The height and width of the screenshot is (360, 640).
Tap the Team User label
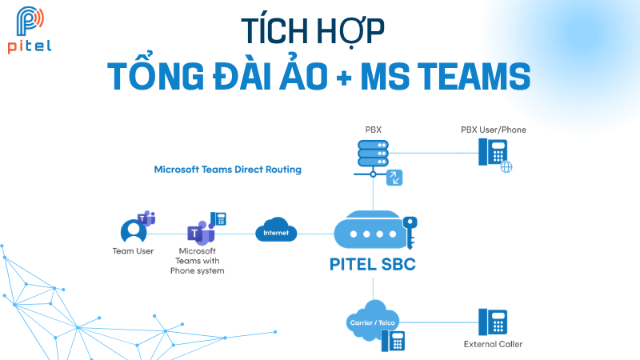click(133, 251)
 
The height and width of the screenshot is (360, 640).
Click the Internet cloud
click(276, 233)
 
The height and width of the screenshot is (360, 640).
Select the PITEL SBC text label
click(373, 265)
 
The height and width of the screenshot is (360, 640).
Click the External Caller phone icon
click(493, 322)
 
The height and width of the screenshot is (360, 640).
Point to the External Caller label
click(493, 345)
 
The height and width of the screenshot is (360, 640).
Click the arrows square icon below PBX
click(394, 178)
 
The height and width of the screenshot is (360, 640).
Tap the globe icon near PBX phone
click(506, 167)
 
